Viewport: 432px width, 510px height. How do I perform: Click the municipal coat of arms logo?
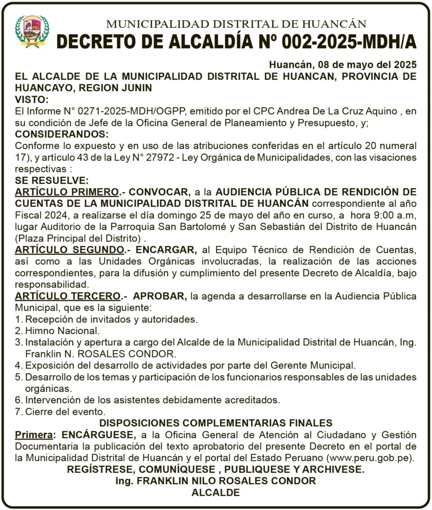pyautogui.click(x=32, y=31)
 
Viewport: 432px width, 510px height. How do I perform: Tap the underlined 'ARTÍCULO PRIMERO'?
pyautogui.click(x=67, y=192)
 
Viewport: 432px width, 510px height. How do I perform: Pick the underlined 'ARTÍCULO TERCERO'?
pyautogui.click(x=68, y=296)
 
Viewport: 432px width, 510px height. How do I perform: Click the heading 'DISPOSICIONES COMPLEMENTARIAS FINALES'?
pyautogui.click(x=216, y=423)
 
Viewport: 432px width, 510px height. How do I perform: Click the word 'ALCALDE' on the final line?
pyautogui.click(x=216, y=493)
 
